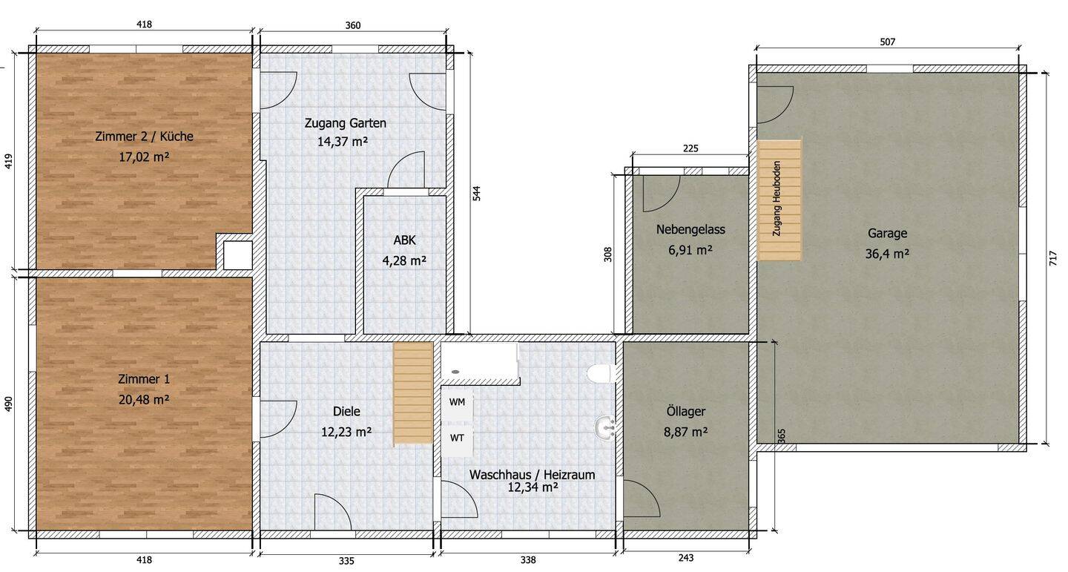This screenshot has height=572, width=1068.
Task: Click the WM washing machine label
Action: [457, 402]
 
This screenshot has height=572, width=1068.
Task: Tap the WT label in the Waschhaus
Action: [457, 438]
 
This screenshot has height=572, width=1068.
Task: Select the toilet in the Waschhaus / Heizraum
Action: [601, 372]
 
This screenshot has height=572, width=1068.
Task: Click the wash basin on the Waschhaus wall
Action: [606, 427]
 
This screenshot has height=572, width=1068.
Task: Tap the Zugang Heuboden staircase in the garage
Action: [779, 200]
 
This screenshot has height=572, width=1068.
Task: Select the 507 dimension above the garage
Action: [887, 42]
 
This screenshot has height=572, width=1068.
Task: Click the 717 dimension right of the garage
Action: [1053, 258]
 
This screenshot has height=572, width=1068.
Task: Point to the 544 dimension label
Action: [478, 192]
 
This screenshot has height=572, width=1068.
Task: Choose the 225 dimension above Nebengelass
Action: [690, 148]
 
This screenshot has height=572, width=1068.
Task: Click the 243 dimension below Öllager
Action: [686, 558]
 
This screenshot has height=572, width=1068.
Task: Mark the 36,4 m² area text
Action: [887, 253]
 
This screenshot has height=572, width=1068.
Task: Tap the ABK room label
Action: [404, 240]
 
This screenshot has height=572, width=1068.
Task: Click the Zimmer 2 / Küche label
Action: [144, 137]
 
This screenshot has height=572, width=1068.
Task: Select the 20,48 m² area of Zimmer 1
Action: [144, 399]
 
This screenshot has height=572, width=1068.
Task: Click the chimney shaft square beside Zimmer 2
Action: [237, 254]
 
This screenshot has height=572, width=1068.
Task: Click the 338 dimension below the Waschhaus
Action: [527, 560]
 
